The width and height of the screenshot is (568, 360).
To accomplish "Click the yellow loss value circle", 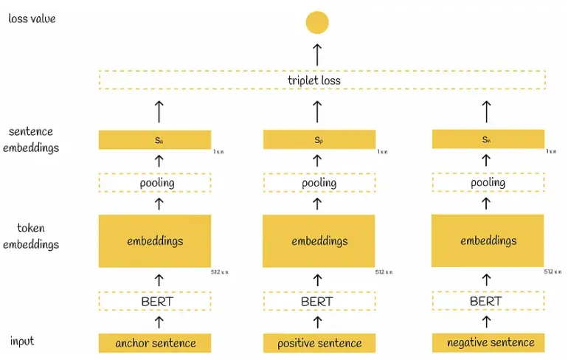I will coord(317,23).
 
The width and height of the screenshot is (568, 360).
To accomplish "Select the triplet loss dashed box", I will coord(322,80).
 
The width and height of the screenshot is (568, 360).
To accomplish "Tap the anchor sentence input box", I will coord(155,342).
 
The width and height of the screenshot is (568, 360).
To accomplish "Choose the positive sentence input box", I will coord(319,342).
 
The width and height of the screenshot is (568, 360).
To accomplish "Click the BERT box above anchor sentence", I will coord(155,301).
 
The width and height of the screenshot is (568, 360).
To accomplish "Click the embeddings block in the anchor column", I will coord(155,241).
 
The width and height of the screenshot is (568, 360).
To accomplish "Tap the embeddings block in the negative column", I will coord(488,240).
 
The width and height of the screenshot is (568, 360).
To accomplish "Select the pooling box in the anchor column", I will coord(155,183).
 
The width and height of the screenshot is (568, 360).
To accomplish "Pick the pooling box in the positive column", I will coord(319,183).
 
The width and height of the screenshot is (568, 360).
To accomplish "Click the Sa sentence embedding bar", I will coord(155,140).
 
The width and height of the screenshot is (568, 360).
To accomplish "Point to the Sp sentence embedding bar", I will coord(319,139).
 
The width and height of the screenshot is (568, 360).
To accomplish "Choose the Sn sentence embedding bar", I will coord(488,139).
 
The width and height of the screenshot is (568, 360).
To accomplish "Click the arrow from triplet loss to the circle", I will coord(317,53).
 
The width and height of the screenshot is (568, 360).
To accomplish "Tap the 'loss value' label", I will coord(32,18).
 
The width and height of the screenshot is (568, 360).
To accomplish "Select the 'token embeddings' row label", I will coord(32,236).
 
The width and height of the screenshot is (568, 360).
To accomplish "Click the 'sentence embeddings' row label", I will coord(33,139).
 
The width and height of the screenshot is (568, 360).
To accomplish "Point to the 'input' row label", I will coord(22,341).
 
